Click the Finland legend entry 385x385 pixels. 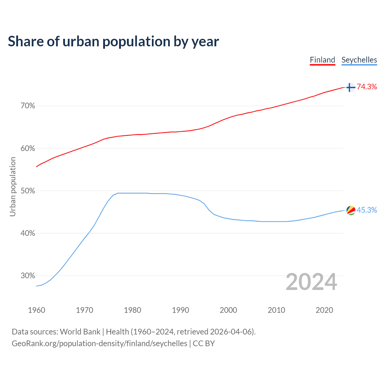(x=322, y=60)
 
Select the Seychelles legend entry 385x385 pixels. (x=359, y=60)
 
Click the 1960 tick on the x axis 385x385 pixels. (x=36, y=310)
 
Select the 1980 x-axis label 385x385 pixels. (x=132, y=310)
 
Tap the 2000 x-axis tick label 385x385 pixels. (x=228, y=310)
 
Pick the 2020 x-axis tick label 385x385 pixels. (x=324, y=310)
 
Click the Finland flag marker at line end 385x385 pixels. (x=351, y=87)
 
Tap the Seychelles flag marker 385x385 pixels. (x=351, y=210)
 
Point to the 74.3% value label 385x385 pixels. (x=367, y=87)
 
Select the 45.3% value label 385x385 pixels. (x=367, y=210)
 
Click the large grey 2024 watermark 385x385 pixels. (x=311, y=282)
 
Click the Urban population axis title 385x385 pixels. (x=13, y=187)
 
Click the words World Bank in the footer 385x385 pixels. (x=80, y=332)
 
